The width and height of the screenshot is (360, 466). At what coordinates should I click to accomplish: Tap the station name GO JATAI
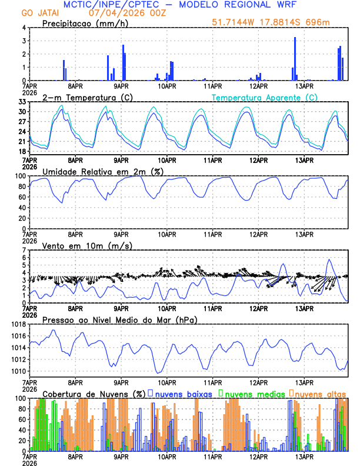[40, 13]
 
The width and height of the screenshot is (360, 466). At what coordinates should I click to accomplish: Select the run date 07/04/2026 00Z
[122, 13]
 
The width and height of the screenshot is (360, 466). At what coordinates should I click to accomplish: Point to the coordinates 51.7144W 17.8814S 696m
[271, 22]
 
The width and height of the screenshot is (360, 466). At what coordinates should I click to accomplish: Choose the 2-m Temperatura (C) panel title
[86, 97]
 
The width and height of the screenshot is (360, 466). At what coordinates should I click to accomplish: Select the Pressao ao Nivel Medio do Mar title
[119, 319]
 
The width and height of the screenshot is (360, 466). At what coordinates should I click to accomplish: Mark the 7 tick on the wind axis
[25, 251]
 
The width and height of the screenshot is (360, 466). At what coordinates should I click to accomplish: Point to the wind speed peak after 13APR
[329, 259]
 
